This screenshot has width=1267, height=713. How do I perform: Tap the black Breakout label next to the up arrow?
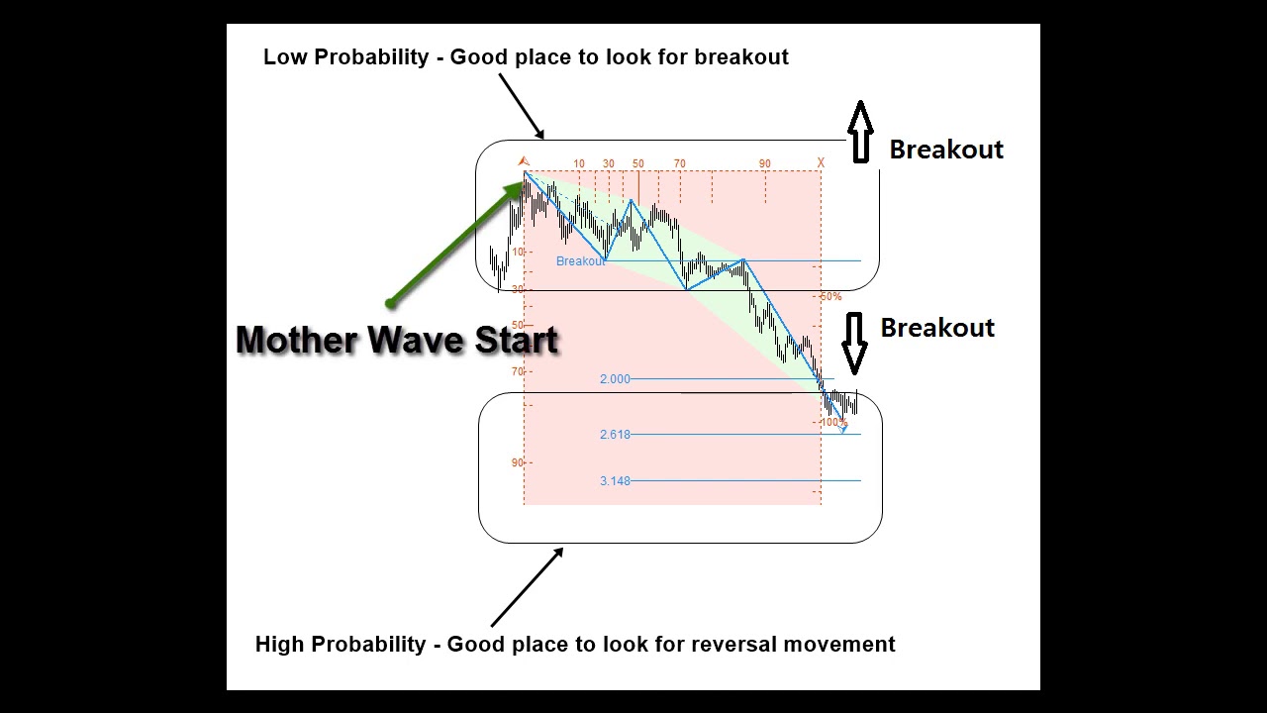(945, 150)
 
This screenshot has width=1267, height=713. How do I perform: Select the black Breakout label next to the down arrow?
(936, 328)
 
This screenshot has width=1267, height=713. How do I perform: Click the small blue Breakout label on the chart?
(580, 261)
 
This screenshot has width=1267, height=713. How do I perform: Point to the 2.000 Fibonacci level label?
(615, 379)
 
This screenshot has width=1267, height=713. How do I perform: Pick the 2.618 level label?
(615, 435)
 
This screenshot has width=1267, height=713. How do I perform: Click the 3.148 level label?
(615, 481)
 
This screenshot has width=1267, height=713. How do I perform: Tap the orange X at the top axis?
(821, 163)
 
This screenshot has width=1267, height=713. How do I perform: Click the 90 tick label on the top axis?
(765, 163)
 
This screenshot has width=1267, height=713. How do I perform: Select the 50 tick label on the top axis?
(637, 163)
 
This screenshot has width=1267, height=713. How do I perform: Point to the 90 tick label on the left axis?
(517, 462)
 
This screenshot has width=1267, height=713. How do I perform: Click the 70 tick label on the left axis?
(517, 371)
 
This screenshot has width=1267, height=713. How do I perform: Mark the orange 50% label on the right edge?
(830, 297)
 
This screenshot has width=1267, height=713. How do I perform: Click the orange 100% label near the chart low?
(833, 423)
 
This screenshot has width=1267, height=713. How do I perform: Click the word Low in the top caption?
(284, 57)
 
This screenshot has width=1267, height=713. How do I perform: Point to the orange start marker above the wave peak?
(524, 160)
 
